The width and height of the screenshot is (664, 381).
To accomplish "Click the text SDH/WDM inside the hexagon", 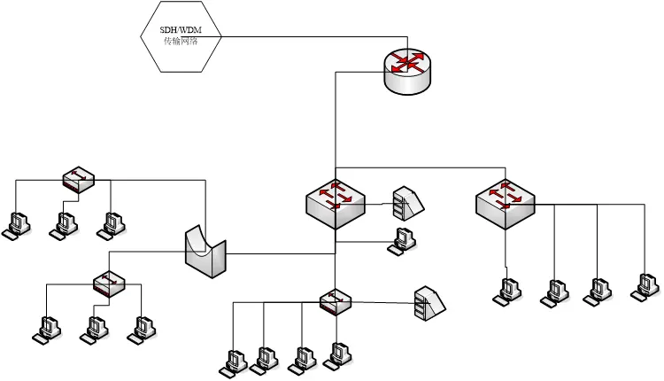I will (181, 30).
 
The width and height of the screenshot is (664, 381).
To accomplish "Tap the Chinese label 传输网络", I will (181, 42).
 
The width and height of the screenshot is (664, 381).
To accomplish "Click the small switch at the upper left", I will (78, 181).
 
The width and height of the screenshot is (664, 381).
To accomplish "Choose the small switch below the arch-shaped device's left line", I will (109, 284).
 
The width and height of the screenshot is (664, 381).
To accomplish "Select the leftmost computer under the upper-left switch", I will (17, 224).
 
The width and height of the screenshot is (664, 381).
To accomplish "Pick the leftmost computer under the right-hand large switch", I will (508, 291).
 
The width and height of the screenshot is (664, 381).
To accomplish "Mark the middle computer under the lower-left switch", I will (93, 329).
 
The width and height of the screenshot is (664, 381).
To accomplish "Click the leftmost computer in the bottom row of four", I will (234, 362).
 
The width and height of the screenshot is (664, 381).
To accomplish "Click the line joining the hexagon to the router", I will (310, 36).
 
